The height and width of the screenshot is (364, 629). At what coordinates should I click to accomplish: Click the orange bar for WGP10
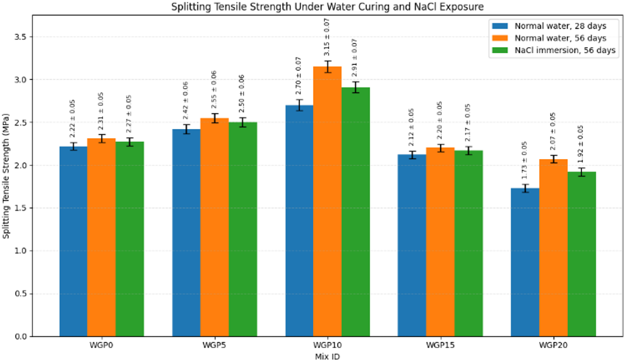pyautogui.click(x=327, y=201)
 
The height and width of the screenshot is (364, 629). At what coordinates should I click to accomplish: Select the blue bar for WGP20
pyautogui.click(x=525, y=262)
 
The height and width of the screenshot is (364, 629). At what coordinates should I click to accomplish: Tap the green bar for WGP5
pyautogui.click(x=243, y=229)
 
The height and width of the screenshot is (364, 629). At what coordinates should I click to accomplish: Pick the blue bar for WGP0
pyautogui.click(x=73, y=241)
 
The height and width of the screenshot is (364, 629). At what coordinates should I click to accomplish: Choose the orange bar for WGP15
pyautogui.click(x=440, y=242)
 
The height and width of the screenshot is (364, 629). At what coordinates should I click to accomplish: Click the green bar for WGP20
pyautogui.click(x=582, y=254)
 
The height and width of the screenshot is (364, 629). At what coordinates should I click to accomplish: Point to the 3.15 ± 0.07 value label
pyautogui.click(x=327, y=37)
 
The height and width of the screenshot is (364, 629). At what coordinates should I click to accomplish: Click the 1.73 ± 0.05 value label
pyautogui.click(x=524, y=160)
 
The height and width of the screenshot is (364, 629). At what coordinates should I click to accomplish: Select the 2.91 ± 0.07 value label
pyautogui.click(x=355, y=58)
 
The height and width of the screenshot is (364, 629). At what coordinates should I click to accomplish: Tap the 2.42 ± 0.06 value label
pyautogui.click(x=186, y=100)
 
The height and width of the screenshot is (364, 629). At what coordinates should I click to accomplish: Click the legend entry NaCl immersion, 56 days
pyautogui.click(x=565, y=50)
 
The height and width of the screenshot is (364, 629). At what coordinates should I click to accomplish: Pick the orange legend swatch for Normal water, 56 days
pyautogui.click(x=501, y=38)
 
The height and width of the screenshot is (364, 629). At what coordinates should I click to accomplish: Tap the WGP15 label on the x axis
pyautogui.click(x=440, y=345)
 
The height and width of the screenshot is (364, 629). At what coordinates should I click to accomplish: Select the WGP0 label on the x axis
pyautogui.click(x=102, y=345)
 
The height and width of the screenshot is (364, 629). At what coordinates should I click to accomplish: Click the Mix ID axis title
pyautogui.click(x=327, y=357)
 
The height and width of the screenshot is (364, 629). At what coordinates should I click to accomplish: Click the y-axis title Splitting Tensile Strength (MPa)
pyautogui.click(x=6, y=176)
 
